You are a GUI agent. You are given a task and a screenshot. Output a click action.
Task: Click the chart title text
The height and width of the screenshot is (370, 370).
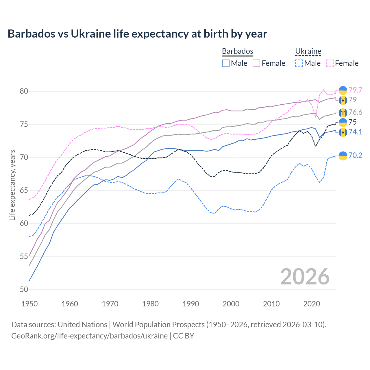click(x=137, y=34)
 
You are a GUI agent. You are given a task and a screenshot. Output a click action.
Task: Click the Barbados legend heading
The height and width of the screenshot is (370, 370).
click(x=237, y=51)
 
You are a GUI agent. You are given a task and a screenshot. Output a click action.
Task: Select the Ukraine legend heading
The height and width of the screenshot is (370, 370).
click(x=308, y=51)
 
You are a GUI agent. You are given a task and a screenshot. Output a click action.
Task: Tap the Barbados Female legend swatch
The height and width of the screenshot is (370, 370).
click(x=256, y=63)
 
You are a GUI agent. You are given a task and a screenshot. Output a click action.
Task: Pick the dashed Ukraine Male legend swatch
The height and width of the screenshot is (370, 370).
click(x=299, y=63)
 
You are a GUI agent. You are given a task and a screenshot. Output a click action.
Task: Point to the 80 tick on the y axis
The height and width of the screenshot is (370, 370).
click(x=24, y=91)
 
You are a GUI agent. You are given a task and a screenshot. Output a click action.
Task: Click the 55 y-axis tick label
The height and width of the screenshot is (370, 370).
click(x=24, y=256)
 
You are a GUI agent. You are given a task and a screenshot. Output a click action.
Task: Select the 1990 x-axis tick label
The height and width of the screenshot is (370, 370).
click(x=191, y=304)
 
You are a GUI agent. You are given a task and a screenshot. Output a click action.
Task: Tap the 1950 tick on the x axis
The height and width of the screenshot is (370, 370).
click(x=29, y=304)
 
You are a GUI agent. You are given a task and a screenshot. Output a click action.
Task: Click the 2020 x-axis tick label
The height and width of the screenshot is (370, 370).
click(x=312, y=304)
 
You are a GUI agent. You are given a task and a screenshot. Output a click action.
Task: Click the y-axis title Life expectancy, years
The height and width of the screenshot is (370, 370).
click(x=12, y=185)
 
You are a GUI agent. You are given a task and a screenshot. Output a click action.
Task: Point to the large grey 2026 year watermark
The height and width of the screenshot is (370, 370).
click(x=305, y=277)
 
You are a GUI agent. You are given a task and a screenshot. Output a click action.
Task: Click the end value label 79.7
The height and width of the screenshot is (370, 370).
click(x=355, y=90)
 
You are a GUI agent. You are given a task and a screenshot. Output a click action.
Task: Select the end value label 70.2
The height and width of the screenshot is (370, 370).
click(x=355, y=155)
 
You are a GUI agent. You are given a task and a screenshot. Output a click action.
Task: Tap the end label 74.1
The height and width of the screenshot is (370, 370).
click(x=355, y=132)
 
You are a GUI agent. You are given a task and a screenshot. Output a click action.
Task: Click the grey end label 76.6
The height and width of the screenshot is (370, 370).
click(x=355, y=112)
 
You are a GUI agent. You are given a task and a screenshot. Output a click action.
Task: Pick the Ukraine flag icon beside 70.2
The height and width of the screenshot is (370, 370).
click(x=343, y=156)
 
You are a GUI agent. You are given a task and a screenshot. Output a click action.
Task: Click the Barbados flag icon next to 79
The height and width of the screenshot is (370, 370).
click(x=343, y=100)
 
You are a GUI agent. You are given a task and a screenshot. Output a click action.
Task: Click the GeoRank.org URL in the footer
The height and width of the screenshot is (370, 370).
click(x=89, y=336)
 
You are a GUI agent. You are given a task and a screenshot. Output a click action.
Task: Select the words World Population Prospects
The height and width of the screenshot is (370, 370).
click(x=158, y=324)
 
